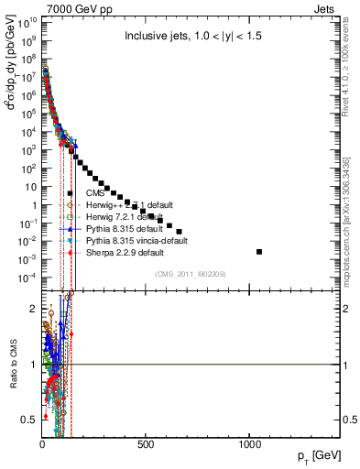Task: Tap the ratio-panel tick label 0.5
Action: (29, 420)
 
